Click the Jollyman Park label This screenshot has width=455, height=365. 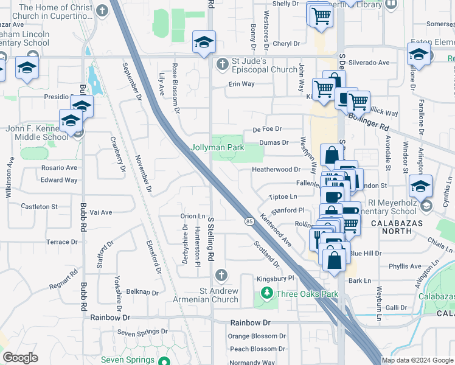click(x=217, y=148)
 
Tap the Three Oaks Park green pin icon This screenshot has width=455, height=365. click(x=266, y=294)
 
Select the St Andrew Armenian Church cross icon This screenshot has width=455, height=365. click(x=220, y=276)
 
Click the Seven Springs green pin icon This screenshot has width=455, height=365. click(x=164, y=360)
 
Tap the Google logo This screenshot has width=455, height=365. click(x=20, y=358)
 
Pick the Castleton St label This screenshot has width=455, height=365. click(x=38, y=207)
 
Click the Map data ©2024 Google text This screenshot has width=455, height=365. click(x=418, y=360)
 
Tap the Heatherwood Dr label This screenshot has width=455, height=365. click(x=276, y=170)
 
